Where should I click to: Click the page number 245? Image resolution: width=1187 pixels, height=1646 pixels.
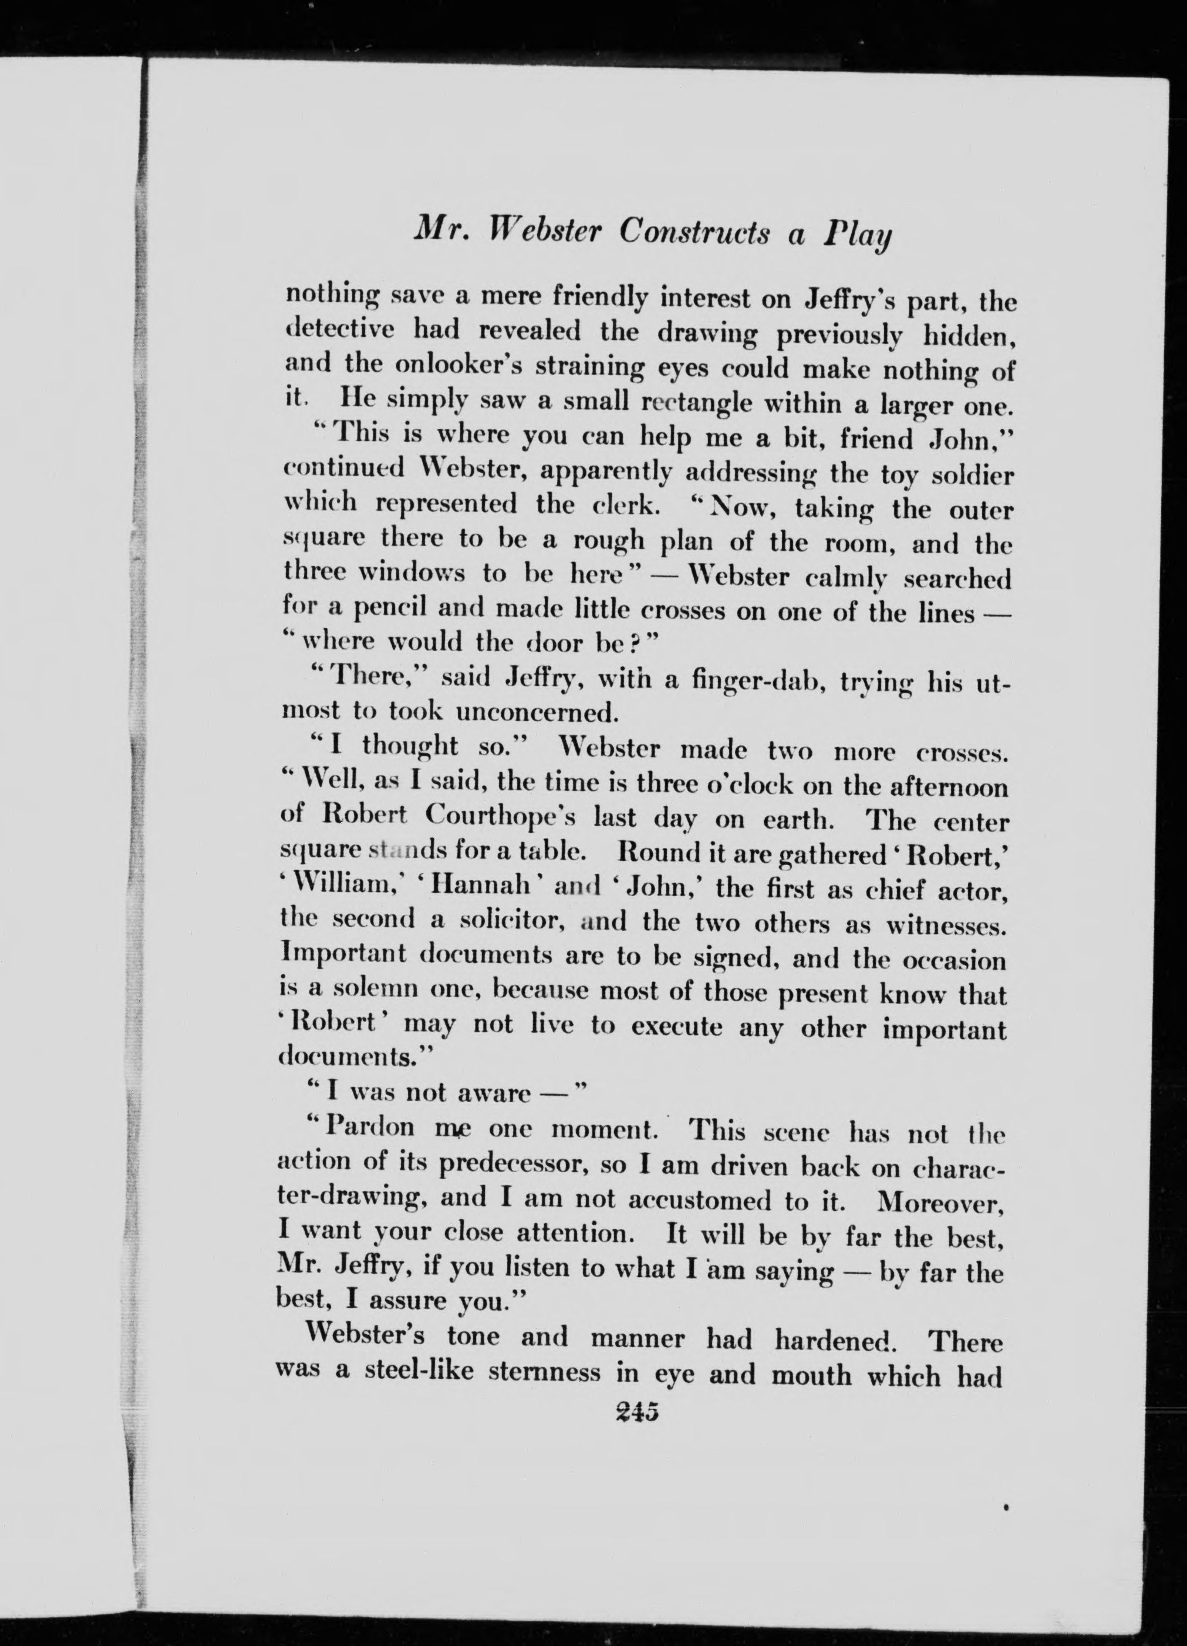[x=636, y=1412]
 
